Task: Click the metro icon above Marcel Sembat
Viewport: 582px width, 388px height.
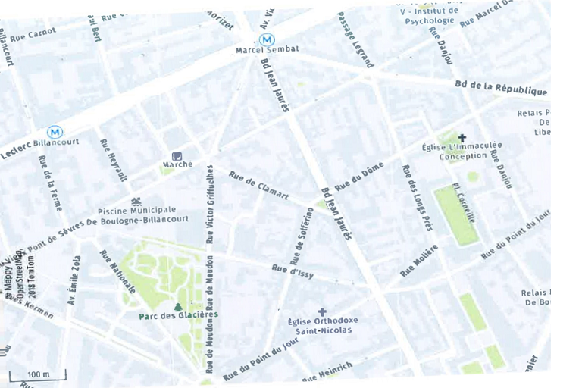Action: [x=266, y=39]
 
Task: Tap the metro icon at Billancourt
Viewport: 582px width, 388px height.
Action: [x=55, y=132]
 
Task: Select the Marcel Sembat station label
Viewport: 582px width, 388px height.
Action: [x=268, y=50]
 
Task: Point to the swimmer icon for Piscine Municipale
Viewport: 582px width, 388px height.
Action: [x=136, y=201]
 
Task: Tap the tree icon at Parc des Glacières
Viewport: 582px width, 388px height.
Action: [x=178, y=305]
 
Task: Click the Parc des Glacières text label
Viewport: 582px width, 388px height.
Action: [x=178, y=315]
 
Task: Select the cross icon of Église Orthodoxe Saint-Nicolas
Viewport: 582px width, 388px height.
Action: [x=322, y=311]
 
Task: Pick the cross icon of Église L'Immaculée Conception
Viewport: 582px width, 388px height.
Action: [x=462, y=138]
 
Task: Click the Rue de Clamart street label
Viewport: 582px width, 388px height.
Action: [x=258, y=185]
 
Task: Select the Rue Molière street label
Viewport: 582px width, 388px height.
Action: [x=419, y=260]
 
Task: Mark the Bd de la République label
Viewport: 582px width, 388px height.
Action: [x=500, y=88]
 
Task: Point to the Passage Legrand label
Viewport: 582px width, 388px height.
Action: [x=355, y=39]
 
